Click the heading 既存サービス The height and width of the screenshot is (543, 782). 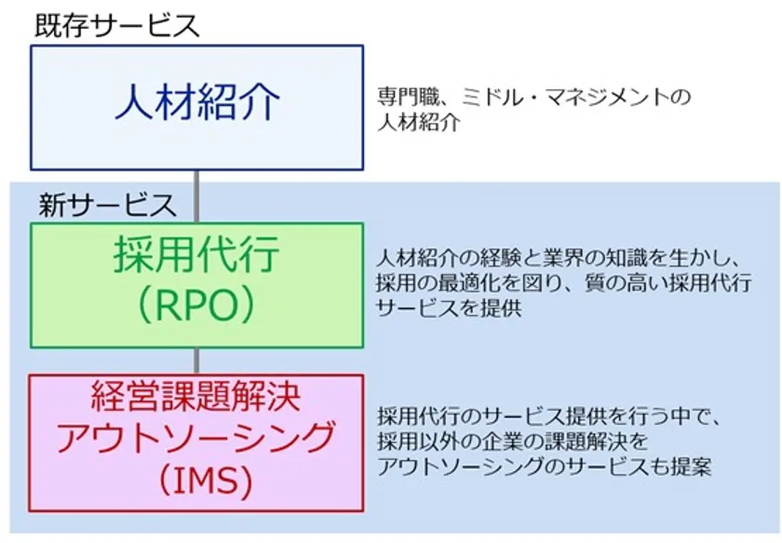coord(117,25)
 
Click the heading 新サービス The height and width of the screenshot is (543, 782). coord(108,205)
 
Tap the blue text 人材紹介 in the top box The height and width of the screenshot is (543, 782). coord(197,102)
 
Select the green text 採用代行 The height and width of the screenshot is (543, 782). coord(196,254)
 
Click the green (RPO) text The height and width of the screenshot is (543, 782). coord(196,305)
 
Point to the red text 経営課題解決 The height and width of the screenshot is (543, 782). coord(196,396)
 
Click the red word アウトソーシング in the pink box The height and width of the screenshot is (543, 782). coord(196,437)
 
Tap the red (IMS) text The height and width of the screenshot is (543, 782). coord(205,480)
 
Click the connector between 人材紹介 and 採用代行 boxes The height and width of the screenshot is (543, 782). coord(196,197)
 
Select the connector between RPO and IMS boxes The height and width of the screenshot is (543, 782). coord(196,360)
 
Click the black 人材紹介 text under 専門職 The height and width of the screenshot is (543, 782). coord(418,122)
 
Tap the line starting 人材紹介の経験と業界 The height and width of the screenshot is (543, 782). coord(557,259)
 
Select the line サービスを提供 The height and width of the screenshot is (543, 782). coord(449,308)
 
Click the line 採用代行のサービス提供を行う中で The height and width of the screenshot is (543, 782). coord(548,416)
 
